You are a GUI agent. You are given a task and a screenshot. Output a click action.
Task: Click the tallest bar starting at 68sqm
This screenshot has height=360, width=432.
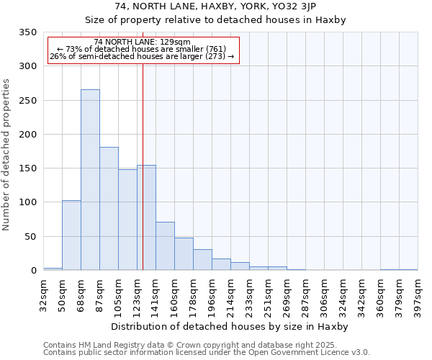(x=90, y=180)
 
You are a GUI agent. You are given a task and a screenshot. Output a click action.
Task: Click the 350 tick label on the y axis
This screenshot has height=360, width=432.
(x=27, y=32)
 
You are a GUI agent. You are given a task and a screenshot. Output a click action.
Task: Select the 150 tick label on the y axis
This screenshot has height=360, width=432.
(x=27, y=168)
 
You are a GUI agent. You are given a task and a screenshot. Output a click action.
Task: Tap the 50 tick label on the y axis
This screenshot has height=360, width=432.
(x=30, y=236)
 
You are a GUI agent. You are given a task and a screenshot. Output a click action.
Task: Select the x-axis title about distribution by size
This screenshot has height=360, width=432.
(x=230, y=327)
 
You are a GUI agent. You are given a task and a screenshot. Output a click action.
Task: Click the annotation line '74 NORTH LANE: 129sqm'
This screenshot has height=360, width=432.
(x=142, y=42)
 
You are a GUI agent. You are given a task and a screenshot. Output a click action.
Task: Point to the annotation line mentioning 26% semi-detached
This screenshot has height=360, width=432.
(x=142, y=56)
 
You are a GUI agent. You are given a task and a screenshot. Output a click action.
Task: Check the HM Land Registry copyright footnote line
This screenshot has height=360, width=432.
(x=184, y=345)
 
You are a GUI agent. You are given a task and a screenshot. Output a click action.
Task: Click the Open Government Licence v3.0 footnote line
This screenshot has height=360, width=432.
(x=207, y=353)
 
